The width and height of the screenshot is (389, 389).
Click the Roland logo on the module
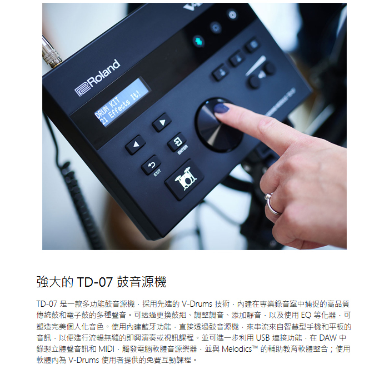(x=97, y=78)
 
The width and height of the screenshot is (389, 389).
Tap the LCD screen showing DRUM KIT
(x=122, y=102)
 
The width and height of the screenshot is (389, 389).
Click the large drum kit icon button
(x=184, y=179)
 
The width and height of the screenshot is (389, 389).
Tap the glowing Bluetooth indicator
(x=198, y=41)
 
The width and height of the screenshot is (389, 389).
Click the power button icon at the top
(x=232, y=14)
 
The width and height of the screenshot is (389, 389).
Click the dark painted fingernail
(x=221, y=108)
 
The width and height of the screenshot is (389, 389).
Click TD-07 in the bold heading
(x=95, y=282)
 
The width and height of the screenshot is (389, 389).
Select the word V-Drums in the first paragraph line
(x=197, y=304)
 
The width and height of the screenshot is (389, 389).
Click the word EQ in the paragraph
(x=306, y=315)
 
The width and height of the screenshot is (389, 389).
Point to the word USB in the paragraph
(x=262, y=338)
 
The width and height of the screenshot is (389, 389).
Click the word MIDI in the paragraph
(x=107, y=349)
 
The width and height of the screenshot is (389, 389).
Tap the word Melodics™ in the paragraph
(x=240, y=349)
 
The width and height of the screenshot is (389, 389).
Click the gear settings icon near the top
(x=216, y=27)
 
